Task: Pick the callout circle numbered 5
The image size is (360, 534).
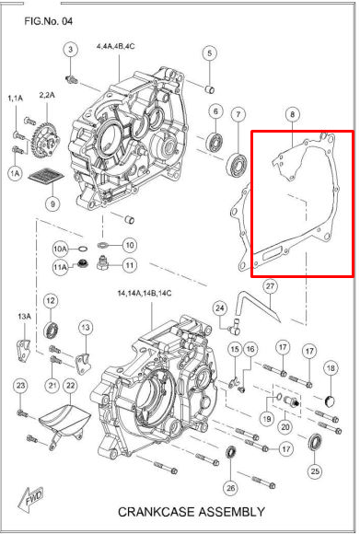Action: coord(209,53)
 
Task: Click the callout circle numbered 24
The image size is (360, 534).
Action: coord(219,308)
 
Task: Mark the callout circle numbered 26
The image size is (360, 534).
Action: coord(230,487)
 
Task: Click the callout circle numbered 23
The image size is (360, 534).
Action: coord(21,385)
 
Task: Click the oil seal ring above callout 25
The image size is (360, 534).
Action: coord(315,441)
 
